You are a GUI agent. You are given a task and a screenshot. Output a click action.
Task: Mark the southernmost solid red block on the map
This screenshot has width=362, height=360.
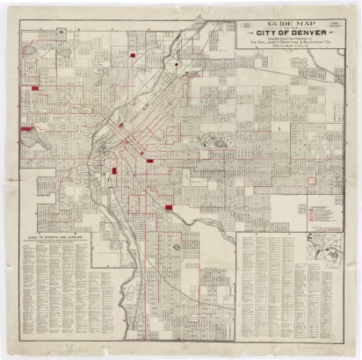tap(169, 208)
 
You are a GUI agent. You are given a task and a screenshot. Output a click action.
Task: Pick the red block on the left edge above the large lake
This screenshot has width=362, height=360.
tap(36, 89)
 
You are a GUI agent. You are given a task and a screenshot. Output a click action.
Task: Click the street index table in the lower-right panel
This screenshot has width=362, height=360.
tap(272, 281)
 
